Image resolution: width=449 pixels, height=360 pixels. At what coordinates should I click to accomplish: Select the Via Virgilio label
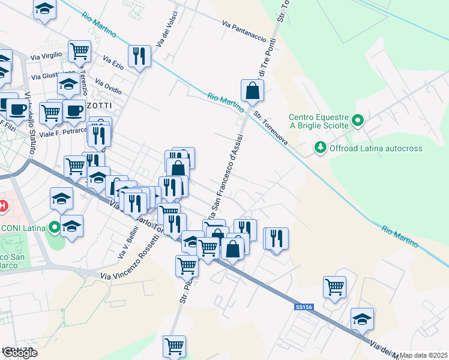tap(46, 55)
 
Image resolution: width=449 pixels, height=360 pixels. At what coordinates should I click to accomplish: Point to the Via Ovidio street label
tap(109, 87)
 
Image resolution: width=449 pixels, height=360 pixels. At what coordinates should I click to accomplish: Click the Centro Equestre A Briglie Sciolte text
tap(318, 121)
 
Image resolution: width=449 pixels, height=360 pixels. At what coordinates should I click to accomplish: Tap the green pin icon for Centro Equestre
tap(358, 121)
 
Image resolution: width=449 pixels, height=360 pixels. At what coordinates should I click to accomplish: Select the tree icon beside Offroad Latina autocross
tap(321, 148)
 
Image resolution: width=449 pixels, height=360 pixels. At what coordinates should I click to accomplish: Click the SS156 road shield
tap(304, 307)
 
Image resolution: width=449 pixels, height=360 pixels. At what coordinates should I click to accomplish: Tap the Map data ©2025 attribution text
tap(424, 355)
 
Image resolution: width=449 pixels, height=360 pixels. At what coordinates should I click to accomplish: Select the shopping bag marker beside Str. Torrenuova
tap(253, 91)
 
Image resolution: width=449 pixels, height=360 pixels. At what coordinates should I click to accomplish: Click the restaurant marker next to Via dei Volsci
tap(139, 56)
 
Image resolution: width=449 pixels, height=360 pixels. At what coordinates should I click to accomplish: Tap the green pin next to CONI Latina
tap(55, 227)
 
